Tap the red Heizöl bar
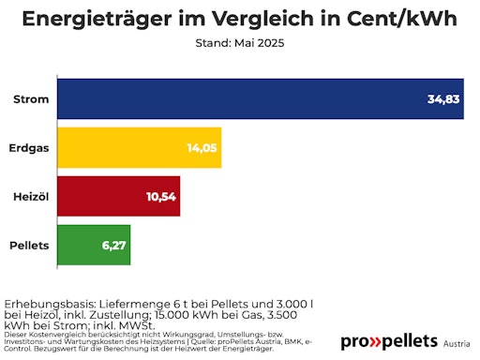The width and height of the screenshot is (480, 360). click(x=118, y=196)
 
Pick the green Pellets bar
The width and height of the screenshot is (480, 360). click(x=94, y=245)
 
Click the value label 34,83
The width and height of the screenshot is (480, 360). click(x=442, y=99)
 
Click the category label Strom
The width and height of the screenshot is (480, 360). click(x=32, y=99)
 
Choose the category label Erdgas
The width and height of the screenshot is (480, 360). click(x=31, y=148)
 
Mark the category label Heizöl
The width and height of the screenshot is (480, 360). click(x=31, y=196)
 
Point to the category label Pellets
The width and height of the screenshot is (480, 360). click(x=30, y=245)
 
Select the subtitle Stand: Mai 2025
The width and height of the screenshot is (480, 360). click(x=240, y=44)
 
